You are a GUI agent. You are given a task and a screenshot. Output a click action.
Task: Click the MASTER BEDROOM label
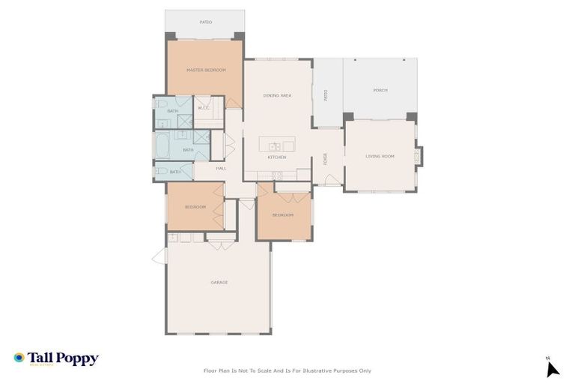[x=205, y=70]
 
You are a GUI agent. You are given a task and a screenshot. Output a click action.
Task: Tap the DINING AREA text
[x=277, y=95]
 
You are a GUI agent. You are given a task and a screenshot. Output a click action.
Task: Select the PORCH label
[x=380, y=91]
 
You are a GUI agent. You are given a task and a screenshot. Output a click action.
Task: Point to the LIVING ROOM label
[x=380, y=156]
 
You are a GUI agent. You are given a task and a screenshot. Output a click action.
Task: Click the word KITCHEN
[x=277, y=157]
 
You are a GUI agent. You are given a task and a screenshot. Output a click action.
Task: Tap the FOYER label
[x=325, y=158]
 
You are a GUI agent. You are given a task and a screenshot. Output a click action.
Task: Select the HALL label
[x=221, y=168]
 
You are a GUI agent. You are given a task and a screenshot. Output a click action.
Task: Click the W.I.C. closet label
[x=204, y=108]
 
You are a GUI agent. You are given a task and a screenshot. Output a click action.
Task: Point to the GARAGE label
[x=219, y=282]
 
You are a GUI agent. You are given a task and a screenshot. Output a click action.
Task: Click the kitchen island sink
[x=275, y=145]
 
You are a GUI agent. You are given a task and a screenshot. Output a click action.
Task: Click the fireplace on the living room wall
[x=419, y=156]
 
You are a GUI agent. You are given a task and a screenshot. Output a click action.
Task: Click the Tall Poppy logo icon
[x=19, y=358]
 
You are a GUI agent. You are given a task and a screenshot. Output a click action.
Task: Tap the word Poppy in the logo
[x=79, y=358]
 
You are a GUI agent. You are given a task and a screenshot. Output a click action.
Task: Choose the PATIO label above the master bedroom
[x=205, y=22]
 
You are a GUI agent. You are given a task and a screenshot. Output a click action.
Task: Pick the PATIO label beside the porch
[x=326, y=95]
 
